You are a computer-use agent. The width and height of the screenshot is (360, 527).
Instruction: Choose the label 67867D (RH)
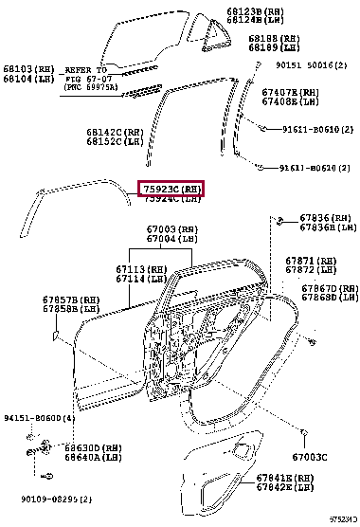coord(328,288)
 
